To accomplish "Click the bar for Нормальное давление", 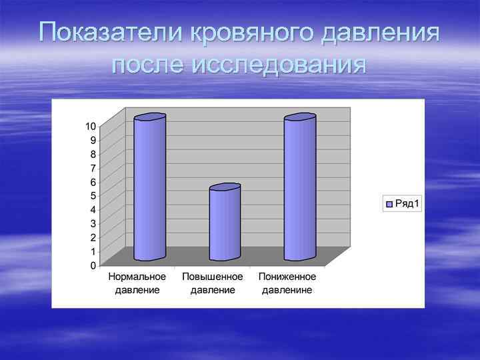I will (x=149, y=188).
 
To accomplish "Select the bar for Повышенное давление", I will (x=225, y=223).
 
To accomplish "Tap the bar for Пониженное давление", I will (x=299, y=188).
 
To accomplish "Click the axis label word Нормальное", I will (x=137, y=277).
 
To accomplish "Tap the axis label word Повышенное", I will (x=213, y=277).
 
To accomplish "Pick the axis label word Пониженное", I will (x=288, y=277).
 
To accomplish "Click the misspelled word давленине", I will (x=287, y=290).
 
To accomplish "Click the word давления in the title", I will (x=380, y=32).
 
